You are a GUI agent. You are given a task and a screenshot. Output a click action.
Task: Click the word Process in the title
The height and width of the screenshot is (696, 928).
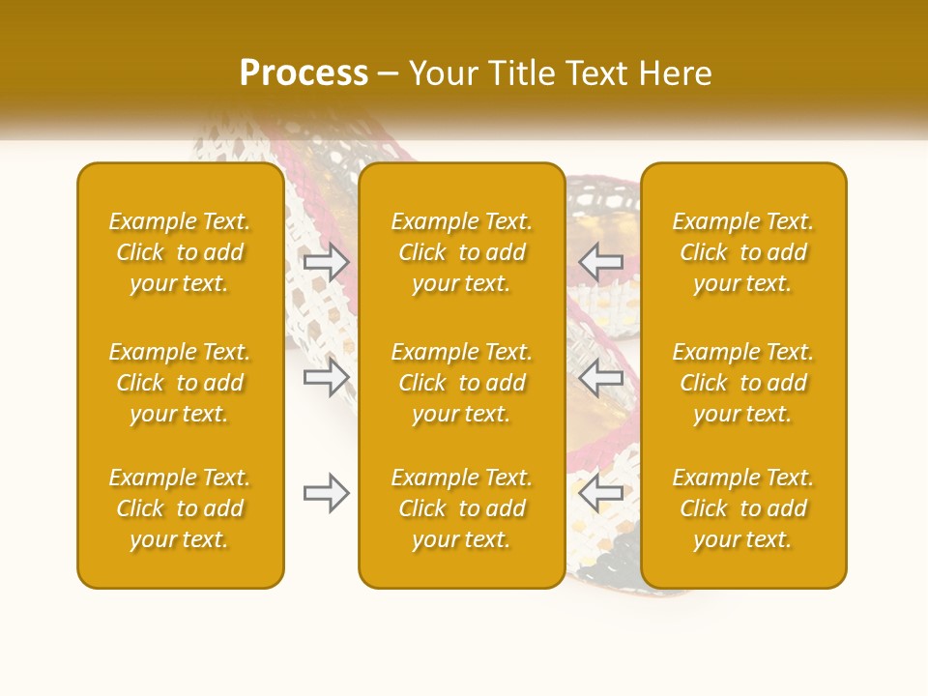(304, 73)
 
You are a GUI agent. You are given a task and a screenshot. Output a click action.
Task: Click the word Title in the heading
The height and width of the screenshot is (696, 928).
(522, 73)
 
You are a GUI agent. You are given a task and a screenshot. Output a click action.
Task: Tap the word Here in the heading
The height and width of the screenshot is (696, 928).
(676, 73)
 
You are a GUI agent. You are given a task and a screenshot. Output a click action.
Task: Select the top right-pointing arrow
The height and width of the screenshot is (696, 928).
(326, 262)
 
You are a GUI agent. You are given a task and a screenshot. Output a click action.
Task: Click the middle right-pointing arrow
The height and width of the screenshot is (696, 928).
(326, 377)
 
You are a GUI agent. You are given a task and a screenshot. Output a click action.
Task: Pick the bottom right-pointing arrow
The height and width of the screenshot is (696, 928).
(326, 493)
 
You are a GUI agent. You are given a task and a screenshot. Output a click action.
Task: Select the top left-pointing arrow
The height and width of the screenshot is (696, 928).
(600, 262)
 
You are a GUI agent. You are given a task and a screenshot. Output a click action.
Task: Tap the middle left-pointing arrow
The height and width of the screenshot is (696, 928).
(600, 377)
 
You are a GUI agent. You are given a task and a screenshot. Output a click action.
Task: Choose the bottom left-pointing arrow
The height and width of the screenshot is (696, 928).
(600, 493)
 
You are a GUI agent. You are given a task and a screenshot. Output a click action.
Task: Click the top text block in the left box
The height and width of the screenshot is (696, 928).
(180, 252)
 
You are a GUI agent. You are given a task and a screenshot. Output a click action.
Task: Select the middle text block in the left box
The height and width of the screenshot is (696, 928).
(180, 383)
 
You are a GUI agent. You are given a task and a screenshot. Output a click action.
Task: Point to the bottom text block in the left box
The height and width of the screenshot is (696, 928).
(180, 508)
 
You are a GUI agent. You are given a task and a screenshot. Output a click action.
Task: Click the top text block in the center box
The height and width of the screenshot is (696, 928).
(462, 252)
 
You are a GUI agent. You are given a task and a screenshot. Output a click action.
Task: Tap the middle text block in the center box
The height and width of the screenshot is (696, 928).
(462, 383)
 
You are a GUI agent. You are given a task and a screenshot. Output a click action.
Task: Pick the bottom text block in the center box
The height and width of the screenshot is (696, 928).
(462, 508)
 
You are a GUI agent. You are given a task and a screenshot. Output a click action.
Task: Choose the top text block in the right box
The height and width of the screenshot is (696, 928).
(743, 252)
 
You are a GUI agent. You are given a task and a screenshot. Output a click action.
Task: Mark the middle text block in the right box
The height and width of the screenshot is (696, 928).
(743, 383)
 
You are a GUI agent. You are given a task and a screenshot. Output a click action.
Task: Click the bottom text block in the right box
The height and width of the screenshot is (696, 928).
(743, 508)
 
